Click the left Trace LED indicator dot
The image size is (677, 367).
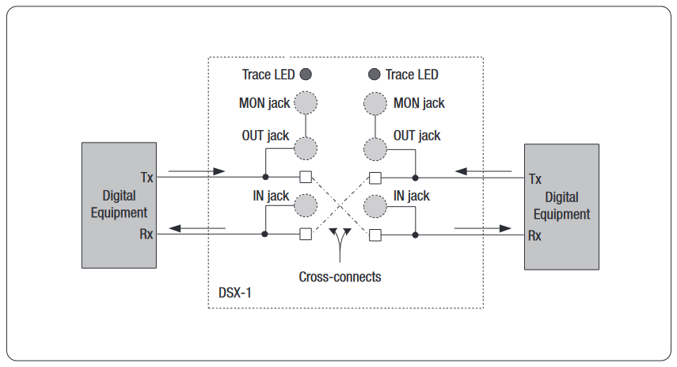pos(306,75)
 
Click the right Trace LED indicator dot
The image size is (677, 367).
pos(375,75)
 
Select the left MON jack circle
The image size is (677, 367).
pos(305,103)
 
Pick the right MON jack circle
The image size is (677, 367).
pos(375,103)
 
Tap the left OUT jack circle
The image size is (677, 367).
pos(305,148)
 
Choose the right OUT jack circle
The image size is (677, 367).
pos(375,148)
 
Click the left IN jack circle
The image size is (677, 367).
pos(305,206)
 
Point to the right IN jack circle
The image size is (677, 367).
pos(375,206)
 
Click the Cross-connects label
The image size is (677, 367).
pos(340,277)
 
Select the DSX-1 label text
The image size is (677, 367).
pos(235,292)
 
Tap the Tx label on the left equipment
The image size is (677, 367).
pos(146,178)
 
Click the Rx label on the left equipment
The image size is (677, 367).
pos(146,234)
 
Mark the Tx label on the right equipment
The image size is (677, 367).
pos(535,179)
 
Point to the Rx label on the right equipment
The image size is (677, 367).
pos(535,235)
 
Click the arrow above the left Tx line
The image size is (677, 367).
pos(197,170)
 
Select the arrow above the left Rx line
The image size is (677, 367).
pos(197,228)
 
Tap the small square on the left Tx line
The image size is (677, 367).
pos(305,177)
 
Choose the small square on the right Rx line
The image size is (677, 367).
pos(375,235)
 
